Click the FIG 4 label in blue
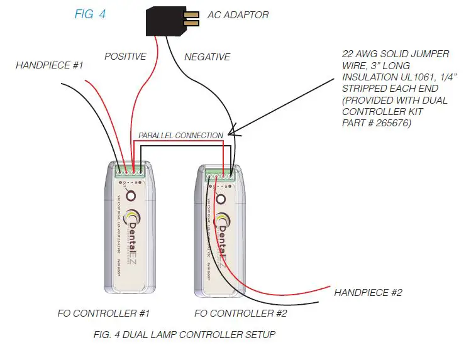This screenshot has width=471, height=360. pos(90,14)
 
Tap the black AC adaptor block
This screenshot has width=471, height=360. pos(163,21)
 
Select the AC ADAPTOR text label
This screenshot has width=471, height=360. pos(238,15)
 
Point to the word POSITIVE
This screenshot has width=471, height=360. pos(125,57)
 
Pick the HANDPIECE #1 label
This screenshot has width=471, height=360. pos(50,65)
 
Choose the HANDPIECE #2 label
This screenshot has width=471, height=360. pos(368,292)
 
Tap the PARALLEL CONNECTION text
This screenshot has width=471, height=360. pos(180,135)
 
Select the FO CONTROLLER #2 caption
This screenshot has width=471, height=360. pos(241,312)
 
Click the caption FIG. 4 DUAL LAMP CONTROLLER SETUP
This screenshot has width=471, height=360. pos(184,334)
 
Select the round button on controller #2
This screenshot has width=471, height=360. pos(221,199)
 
